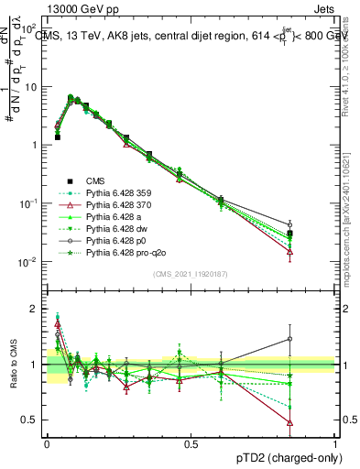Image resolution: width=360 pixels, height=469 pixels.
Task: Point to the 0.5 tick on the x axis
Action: pyautogui.click(x=191, y=443)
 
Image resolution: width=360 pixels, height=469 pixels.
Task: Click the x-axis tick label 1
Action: pyautogui.click(x=335, y=443)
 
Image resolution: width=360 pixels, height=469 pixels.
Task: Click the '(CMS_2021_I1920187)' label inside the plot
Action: pyautogui.click(x=191, y=274)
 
